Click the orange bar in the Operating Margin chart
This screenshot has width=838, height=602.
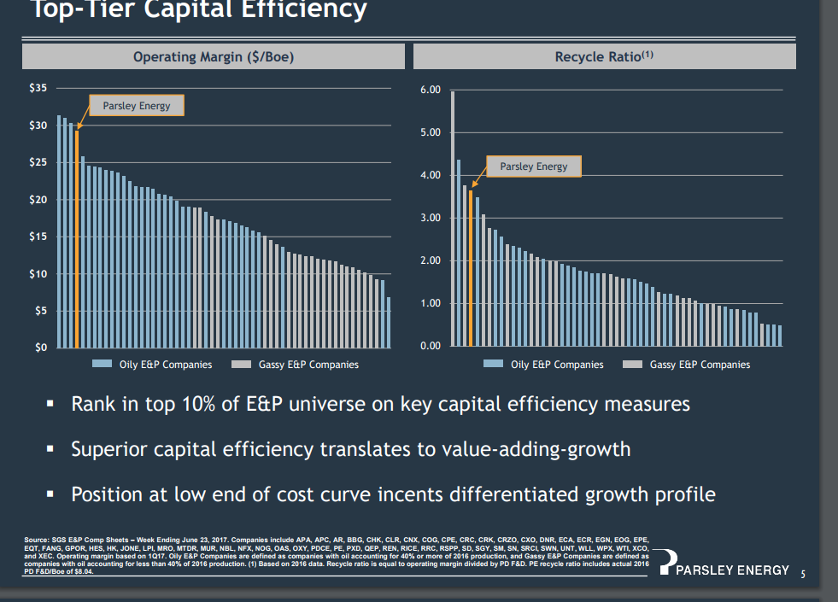(77, 239)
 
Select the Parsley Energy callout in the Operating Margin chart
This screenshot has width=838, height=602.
(137, 106)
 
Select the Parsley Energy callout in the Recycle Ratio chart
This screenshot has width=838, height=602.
(533, 167)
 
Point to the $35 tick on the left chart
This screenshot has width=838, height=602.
(39, 89)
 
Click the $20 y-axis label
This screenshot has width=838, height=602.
(39, 200)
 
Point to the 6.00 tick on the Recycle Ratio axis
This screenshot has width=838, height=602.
(431, 90)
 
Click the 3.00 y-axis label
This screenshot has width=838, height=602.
(431, 218)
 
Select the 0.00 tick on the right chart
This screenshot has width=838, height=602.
(431, 346)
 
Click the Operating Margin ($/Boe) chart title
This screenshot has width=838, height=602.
(214, 57)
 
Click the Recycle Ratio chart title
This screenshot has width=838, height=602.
(604, 57)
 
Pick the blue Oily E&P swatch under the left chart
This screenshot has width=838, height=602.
(103, 365)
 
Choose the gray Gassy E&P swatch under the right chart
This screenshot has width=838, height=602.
(633, 365)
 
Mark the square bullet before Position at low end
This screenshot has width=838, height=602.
(51, 494)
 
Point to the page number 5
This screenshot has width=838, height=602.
(803, 573)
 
